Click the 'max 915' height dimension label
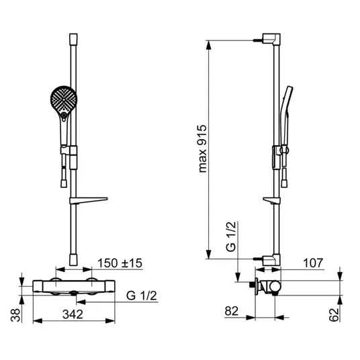tap(203, 148)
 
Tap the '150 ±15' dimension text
tap(120, 263)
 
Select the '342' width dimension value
tap(73, 314)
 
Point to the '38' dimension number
tap(15, 315)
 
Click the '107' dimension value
tap(313, 263)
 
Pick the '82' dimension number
tap(232, 312)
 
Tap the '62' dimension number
tap(334, 315)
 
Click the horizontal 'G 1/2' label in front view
tap(142, 296)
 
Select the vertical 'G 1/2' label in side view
tap(231, 236)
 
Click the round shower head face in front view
tap(64, 99)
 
